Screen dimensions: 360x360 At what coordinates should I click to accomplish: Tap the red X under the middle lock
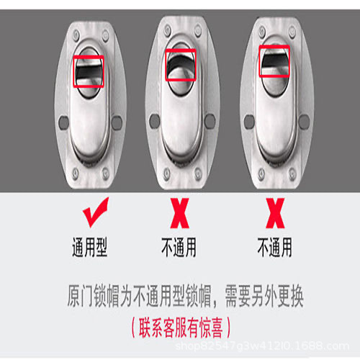(x=179, y=213)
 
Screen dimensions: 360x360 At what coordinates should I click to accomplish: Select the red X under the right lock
(x=275, y=213)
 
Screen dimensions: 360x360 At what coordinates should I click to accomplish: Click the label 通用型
(x=90, y=247)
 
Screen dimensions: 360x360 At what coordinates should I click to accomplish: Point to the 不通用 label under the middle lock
(x=179, y=247)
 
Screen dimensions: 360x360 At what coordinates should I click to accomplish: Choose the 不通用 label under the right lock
(x=275, y=247)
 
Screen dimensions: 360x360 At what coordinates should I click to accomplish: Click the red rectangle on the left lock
(x=89, y=56)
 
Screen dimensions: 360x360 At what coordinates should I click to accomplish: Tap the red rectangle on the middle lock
(x=181, y=50)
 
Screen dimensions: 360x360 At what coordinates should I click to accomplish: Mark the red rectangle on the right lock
(x=274, y=46)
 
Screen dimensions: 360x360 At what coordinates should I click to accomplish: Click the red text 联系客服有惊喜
(x=181, y=328)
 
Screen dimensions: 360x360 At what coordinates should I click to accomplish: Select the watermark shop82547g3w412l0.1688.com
(x=262, y=346)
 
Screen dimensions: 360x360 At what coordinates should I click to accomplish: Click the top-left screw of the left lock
(x=76, y=35)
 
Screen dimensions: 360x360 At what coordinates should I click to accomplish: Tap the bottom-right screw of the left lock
(x=105, y=174)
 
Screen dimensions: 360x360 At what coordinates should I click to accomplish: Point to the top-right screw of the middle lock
(x=198, y=30)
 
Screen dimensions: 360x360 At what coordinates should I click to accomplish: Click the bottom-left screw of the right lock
(x=261, y=174)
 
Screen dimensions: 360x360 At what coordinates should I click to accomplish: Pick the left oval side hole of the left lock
(x=64, y=122)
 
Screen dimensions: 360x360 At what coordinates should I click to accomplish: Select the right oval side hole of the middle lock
(x=210, y=121)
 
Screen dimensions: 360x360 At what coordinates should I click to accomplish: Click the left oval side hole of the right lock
(x=249, y=122)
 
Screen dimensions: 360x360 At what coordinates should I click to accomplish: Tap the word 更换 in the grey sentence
(x=290, y=297)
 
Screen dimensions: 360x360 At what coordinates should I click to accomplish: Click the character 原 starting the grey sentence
(x=73, y=297)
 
